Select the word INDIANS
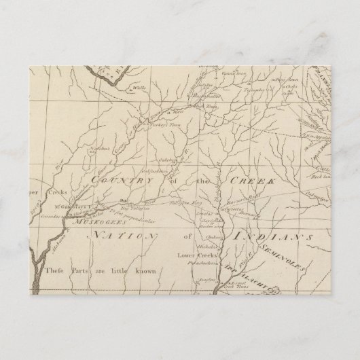(271, 236)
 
